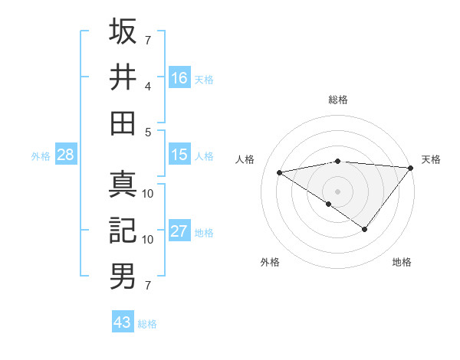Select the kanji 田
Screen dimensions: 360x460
(x=123, y=122)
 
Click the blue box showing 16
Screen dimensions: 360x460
(x=179, y=78)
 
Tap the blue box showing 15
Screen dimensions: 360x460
(x=179, y=155)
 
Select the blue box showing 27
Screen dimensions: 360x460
(x=179, y=231)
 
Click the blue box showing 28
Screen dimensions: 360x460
(x=65, y=155)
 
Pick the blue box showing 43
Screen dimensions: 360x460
(x=122, y=322)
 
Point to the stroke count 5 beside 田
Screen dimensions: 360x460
(x=148, y=132)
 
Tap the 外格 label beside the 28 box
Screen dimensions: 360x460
(x=41, y=156)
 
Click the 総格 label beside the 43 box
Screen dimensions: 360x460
(x=147, y=324)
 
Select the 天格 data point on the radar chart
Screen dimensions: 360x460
(x=412, y=168)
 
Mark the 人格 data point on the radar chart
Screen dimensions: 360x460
(x=280, y=172)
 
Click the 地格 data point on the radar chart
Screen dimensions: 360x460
(x=365, y=229)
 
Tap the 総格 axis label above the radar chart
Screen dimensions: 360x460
(x=338, y=100)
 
